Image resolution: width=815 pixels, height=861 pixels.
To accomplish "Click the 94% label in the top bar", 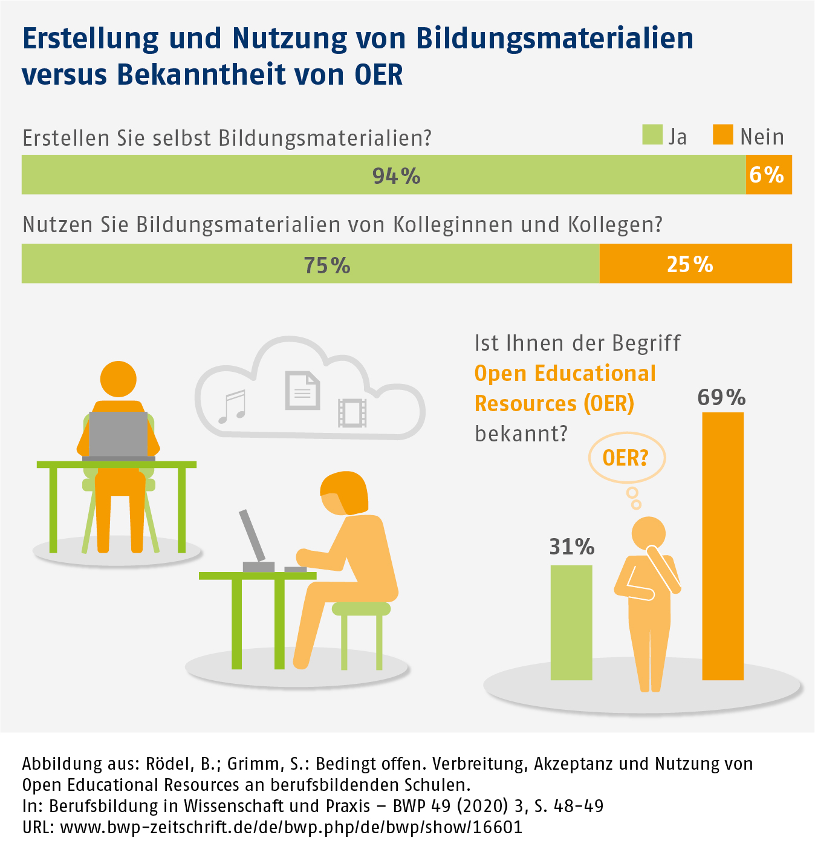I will pos(396,176).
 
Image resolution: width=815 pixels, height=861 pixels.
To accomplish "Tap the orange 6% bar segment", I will pos(768,175).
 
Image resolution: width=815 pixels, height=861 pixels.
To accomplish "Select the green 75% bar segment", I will pos(310,264).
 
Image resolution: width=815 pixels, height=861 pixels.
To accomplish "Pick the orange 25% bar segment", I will pos(695,264).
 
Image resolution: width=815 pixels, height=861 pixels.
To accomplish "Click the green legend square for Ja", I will pos(652,135).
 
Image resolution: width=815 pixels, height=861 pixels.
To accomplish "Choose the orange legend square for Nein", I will pos(722,135).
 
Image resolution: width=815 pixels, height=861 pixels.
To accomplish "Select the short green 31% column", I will pos(571,622).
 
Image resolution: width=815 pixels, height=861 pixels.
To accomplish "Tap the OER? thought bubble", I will pos(626,458).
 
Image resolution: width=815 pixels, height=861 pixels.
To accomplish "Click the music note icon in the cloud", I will pos(232,406).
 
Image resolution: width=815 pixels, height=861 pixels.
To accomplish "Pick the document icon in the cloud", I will pos(302,390).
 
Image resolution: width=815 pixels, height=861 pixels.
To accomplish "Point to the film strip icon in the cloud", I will pos(352,412).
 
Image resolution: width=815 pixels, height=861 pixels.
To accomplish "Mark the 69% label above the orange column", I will pos(721,397).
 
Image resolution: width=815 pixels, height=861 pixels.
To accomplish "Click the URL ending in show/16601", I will pos(291,827).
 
